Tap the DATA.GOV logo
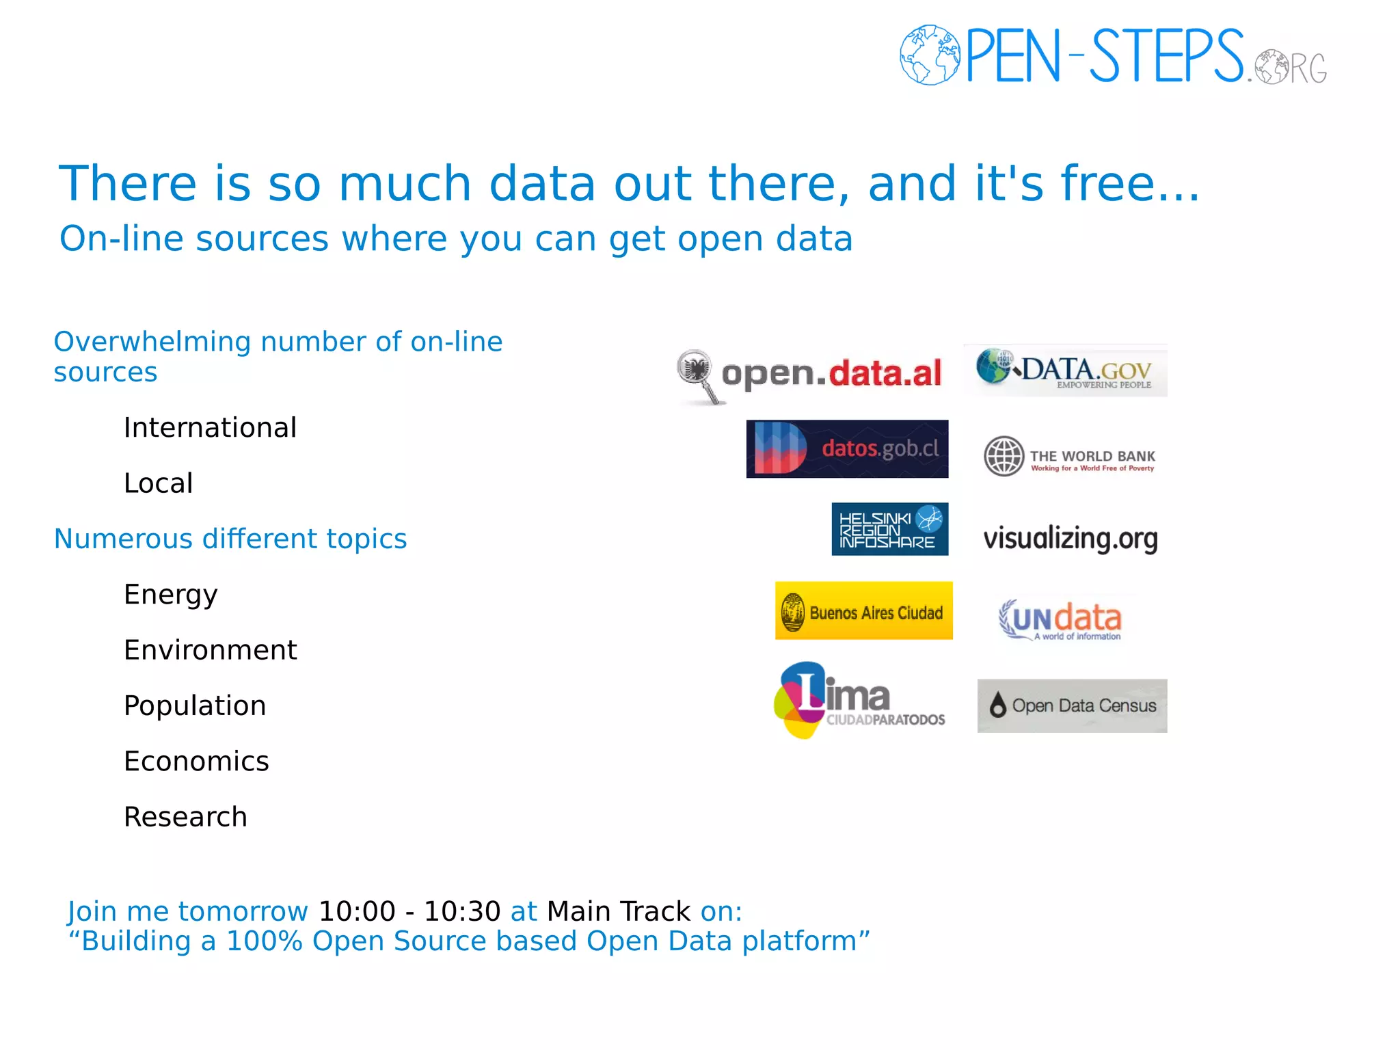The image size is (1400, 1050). [1066, 371]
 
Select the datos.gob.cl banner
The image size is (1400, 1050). [847, 449]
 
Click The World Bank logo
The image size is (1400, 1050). [1070, 457]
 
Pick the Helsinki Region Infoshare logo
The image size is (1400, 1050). [889, 529]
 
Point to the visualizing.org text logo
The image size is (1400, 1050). [1071, 539]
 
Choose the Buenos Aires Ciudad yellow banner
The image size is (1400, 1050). [863, 611]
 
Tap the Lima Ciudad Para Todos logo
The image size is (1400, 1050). [859, 700]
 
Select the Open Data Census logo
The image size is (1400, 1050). [1072, 705]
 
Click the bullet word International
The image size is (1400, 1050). [210, 428]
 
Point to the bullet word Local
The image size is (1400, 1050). [158, 483]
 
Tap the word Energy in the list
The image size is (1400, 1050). [170, 595]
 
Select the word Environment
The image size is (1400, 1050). [210, 650]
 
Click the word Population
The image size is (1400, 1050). [195, 705]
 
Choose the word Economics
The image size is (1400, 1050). [196, 762]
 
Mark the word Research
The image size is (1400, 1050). [185, 817]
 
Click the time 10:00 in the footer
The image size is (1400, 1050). [357, 911]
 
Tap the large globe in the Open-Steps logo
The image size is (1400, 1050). [930, 55]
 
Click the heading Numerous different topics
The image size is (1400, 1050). [230, 539]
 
